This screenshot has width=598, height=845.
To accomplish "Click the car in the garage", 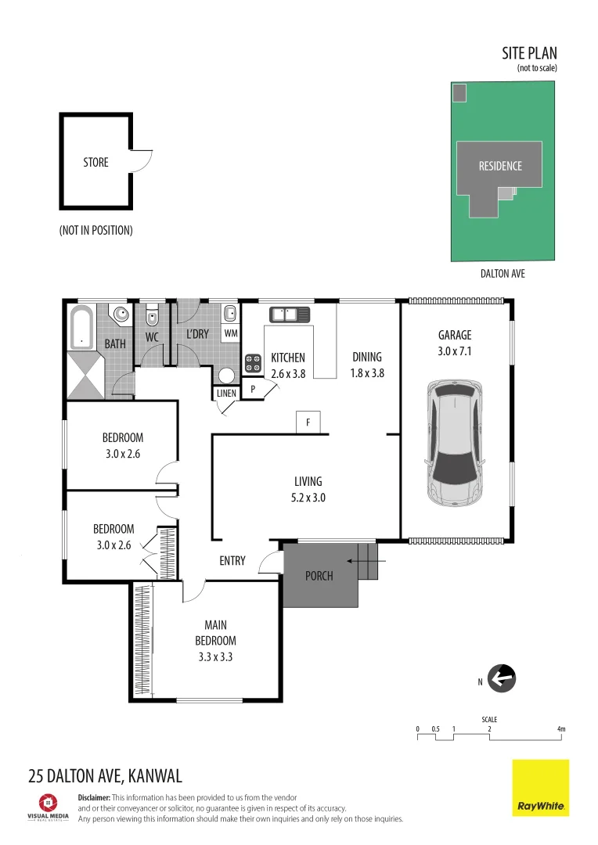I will (x=454, y=442).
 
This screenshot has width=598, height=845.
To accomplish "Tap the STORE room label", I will (x=95, y=163).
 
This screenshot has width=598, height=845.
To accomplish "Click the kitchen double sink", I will (x=290, y=315).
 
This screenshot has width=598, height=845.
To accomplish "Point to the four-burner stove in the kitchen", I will (x=254, y=363).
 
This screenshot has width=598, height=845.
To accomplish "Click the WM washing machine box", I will (x=230, y=333).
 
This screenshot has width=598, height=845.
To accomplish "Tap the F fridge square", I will (x=308, y=422).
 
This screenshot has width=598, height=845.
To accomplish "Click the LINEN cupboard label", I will (x=226, y=394).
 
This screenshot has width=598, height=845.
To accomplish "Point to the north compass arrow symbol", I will (x=502, y=678).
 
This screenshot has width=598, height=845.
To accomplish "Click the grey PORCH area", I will (x=319, y=576).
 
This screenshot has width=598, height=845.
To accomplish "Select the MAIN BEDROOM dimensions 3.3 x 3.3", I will (x=215, y=657).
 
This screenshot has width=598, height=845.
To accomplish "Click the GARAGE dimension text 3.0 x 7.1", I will (x=454, y=353).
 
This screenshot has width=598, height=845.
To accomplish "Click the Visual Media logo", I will (x=49, y=806).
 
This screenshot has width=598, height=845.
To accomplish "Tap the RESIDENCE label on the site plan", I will (x=500, y=166).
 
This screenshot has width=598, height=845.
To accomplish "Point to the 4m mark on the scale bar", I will (x=560, y=729).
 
